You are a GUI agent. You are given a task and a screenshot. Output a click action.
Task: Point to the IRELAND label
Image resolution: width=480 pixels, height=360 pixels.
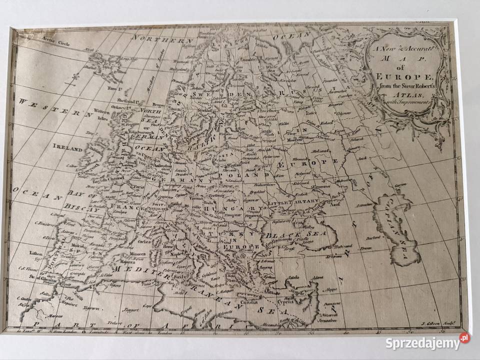tap(67, 148)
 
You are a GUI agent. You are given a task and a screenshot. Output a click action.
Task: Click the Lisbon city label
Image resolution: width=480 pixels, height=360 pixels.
tap(36, 253)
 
